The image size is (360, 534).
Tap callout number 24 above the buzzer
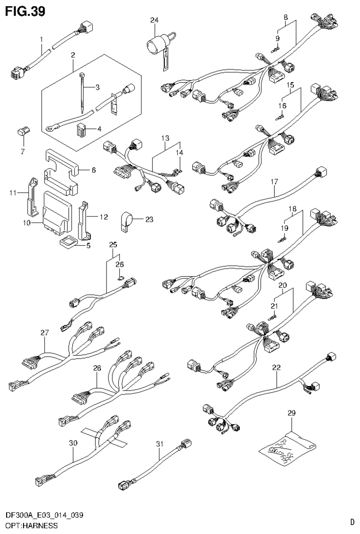click(x=154, y=20)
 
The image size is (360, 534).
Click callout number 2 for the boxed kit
click(x=73, y=55)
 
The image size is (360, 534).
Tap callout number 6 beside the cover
click(x=93, y=170)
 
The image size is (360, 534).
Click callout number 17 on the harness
click(x=274, y=181)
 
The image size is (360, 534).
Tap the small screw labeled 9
click(x=276, y=47)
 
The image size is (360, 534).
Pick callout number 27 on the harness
click(x=45, y=333)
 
